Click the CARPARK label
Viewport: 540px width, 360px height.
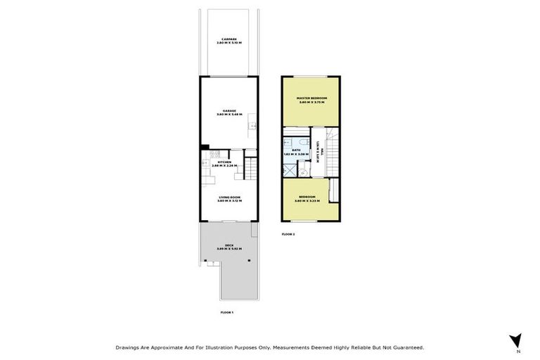tap(229, 39)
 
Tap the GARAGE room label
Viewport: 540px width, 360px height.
tap(229, 110)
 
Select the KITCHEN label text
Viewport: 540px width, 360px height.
tap(224, 162)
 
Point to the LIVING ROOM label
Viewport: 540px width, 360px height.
tap(229, 198)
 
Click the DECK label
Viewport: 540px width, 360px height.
tap(229, 245)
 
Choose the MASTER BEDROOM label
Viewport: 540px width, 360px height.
tap(310, 98)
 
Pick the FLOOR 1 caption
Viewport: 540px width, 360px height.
tap(226, 311)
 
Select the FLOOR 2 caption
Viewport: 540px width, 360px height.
tap(288, 233)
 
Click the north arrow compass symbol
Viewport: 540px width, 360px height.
tap(515, 341)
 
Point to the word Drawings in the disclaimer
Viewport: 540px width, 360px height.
tap(129, 347)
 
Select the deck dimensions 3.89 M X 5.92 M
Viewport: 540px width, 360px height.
tap(229, 249)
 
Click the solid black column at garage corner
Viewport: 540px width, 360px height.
tap(202, 146)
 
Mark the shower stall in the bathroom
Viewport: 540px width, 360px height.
tap(289, 169)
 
